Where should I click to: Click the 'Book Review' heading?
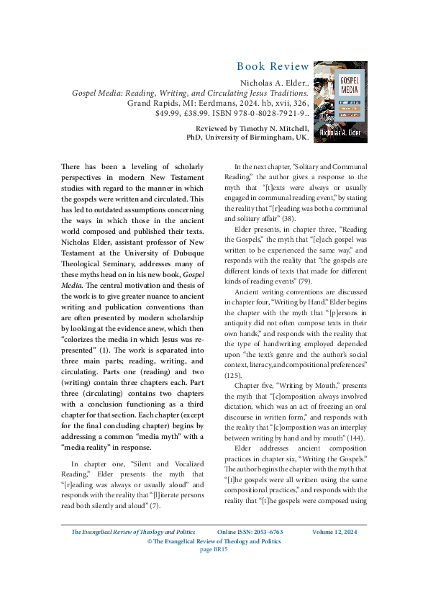(273, 67)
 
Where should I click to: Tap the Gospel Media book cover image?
(340, 101)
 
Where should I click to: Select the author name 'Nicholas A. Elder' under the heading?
(273, 83)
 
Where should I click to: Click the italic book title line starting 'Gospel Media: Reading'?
(190, 94)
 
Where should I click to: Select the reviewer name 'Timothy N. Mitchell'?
(278, 127)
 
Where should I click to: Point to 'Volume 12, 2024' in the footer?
(334, 552)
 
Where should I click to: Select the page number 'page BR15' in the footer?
(214, 569)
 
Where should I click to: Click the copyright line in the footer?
(214, 561)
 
